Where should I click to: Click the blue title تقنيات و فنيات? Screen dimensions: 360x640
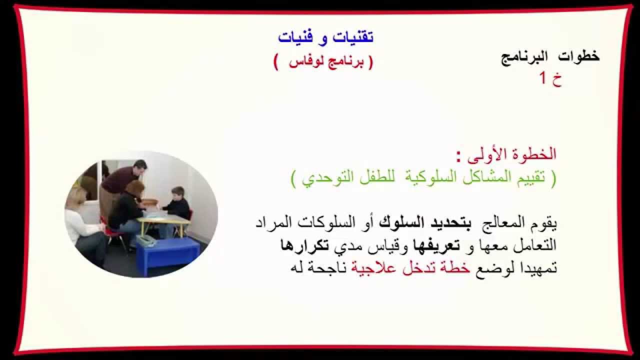(325, 37)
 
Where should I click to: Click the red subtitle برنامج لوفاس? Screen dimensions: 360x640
(323, 62)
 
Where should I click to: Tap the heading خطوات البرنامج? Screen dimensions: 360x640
(550, 56)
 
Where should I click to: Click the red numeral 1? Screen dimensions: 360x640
(543, 78)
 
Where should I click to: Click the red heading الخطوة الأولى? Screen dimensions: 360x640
(512, 154)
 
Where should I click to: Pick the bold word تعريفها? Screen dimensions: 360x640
(419, 245)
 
